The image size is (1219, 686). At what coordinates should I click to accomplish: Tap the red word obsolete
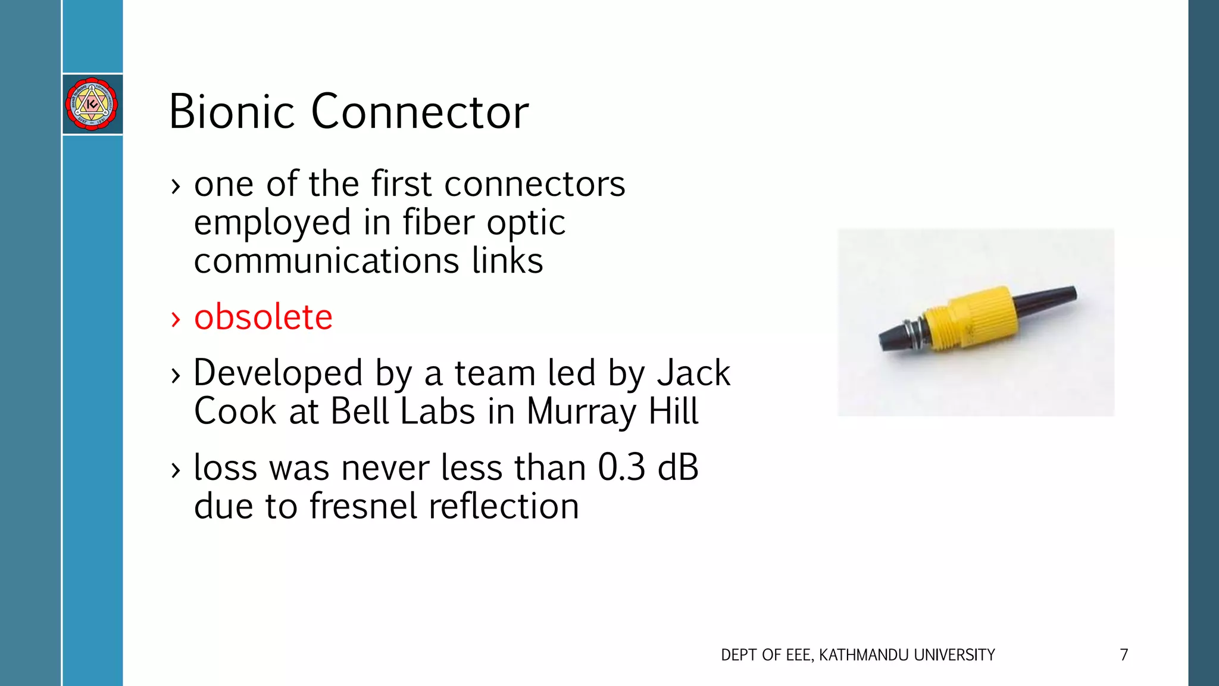[x=263, y=317]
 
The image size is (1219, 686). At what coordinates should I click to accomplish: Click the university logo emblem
[x=92, y=104]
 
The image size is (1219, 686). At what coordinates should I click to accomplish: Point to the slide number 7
[x=1124, y=655]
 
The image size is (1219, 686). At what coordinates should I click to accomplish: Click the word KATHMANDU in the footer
[x=864, y=655]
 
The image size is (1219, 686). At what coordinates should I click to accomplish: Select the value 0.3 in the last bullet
[x=621, y=467]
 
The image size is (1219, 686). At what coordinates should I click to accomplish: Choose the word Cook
[x=235, y=411]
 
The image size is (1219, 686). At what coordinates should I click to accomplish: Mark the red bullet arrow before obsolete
[x=175, y=319]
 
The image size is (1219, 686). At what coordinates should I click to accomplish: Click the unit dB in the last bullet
[x=677, y=467]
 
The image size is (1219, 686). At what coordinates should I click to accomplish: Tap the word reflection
[x=504, y=506]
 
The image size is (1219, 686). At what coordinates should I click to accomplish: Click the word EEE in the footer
[x=798, y=655]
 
